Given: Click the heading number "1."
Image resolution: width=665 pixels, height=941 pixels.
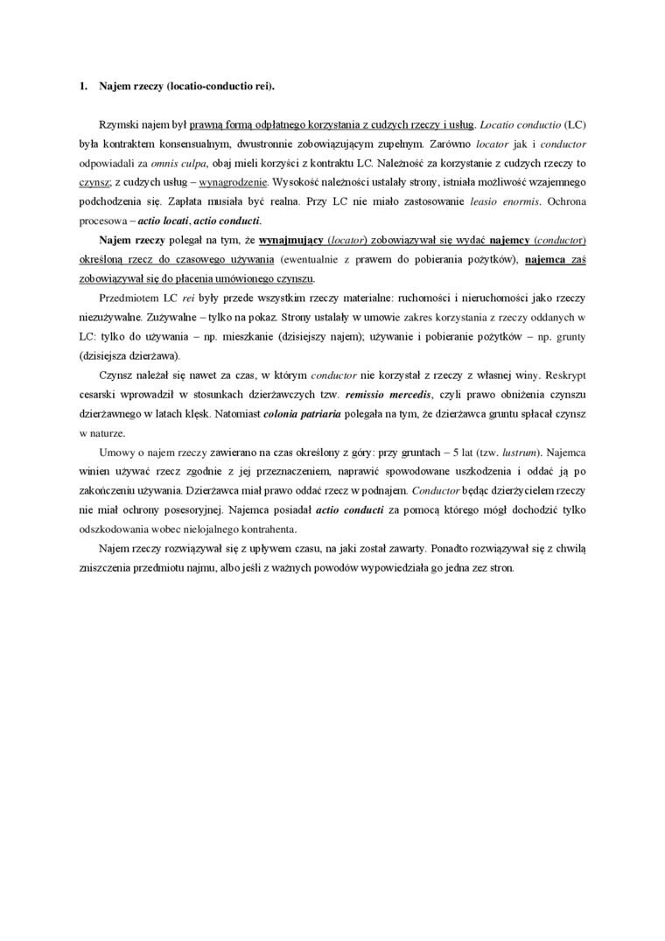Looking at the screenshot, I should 83,87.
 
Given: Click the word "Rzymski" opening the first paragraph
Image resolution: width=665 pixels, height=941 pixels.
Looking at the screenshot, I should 119,124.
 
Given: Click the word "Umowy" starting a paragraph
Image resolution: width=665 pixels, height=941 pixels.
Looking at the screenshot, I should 116,453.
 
